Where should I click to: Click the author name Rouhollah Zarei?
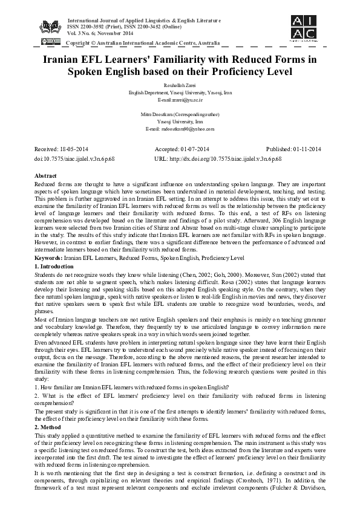pyautogui.click(x=180, y=86)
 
